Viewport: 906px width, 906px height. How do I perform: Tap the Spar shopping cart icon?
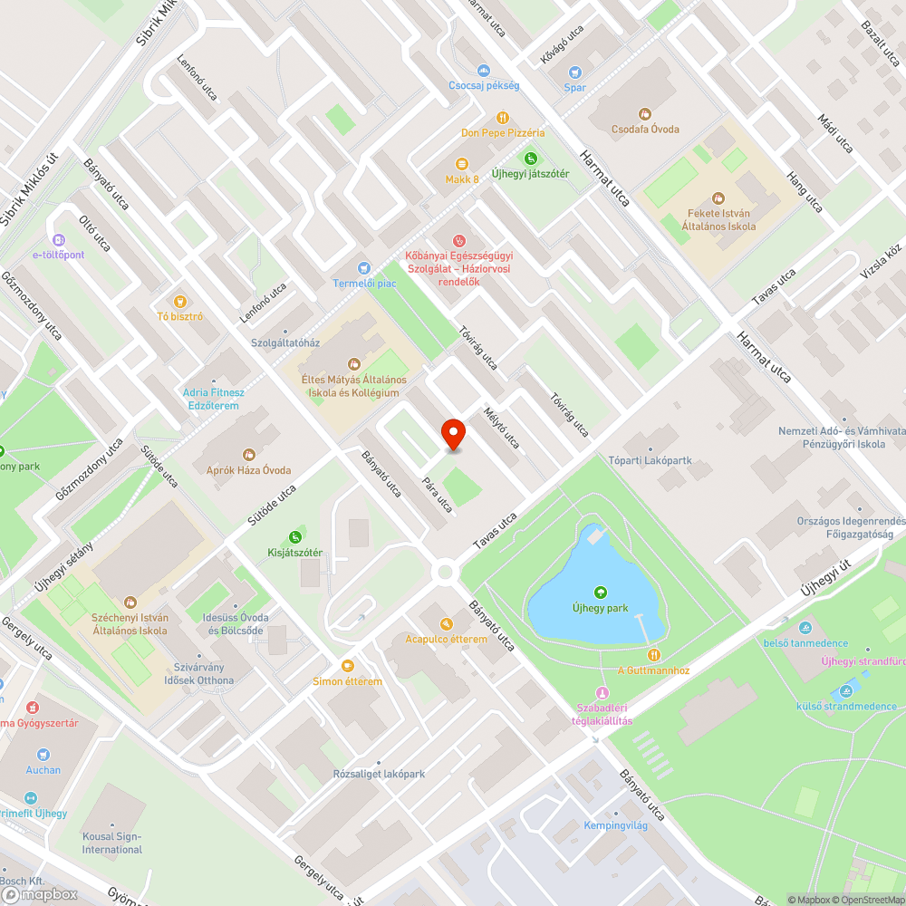[x=574, y=72]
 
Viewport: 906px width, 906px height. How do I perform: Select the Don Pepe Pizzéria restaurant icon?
[x=502, y=118]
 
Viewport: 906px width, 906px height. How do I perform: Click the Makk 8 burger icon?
[x=462, y=164]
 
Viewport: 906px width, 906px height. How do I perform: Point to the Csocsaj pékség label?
[x=484, y=85]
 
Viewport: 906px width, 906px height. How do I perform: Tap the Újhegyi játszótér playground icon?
[x=530, y=159]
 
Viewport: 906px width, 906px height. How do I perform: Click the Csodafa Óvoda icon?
[x=645, y=114]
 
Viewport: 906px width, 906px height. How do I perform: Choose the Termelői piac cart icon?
[x=364, y=268]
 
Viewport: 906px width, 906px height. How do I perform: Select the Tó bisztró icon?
[x=179, y=302]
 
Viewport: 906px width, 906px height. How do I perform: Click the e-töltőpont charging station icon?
[x=58, y=240]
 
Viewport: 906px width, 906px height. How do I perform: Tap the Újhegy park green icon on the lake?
[x=600, y=593]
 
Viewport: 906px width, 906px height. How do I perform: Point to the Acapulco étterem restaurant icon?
[x=446, y=624]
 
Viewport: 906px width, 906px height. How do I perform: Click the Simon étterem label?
[x=348, y=681]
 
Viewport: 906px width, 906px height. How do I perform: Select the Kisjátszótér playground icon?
[x=294, y=537]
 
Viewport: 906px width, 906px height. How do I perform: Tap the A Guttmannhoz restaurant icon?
[x=653, y=655]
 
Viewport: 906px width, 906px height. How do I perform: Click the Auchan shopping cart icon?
[x=43, y=755]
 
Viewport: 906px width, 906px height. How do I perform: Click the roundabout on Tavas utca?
[x=445, y=571]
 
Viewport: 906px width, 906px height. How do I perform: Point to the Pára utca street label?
[x=437, y=494]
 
